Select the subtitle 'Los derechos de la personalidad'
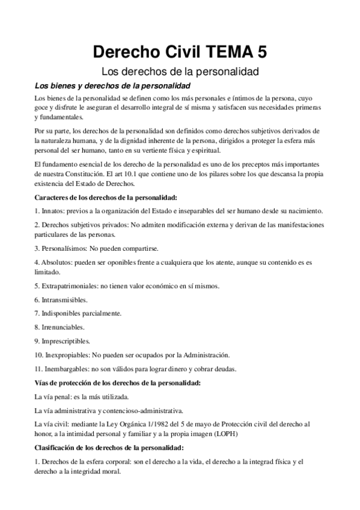coord(180,72)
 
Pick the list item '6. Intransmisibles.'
coord(61,299)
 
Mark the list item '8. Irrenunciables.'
coord(59,327)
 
